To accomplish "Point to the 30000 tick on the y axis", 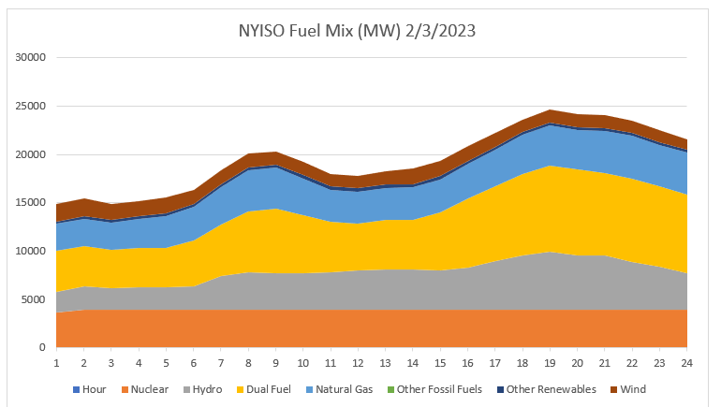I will pyautogui.click(x=30, y=57).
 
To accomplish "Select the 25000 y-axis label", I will pyautogui.click(x=30, y=106).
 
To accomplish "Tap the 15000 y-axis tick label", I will pyautogui.click(x=30, y=202).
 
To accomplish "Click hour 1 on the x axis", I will pyautogui.click(x=56, y=363).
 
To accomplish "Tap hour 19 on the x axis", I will pyautogui.click(x=551, y=363).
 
